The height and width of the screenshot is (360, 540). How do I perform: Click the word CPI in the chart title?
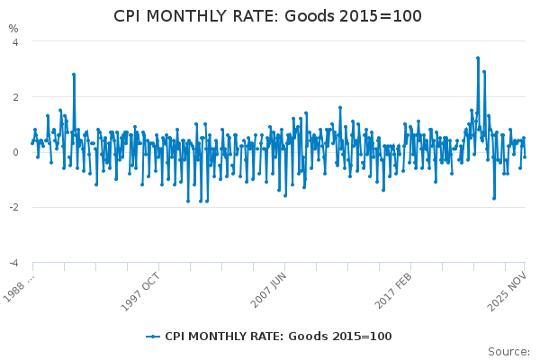130,17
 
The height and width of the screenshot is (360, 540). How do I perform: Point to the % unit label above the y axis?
13,29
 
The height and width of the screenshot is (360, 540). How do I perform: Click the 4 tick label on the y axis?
15,41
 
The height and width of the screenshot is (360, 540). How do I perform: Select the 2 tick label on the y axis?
15,97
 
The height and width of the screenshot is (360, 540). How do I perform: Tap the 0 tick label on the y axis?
15,152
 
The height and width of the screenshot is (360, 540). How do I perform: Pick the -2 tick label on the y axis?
13,208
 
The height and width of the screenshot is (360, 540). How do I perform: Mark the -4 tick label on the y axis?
13,263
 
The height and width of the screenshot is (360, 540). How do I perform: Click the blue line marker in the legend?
153,337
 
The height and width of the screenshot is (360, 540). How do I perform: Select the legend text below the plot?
278,337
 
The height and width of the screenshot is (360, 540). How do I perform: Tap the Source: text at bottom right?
509,351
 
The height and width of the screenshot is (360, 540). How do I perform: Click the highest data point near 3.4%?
478,58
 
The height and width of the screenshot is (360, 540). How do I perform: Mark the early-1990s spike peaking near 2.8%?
74,75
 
